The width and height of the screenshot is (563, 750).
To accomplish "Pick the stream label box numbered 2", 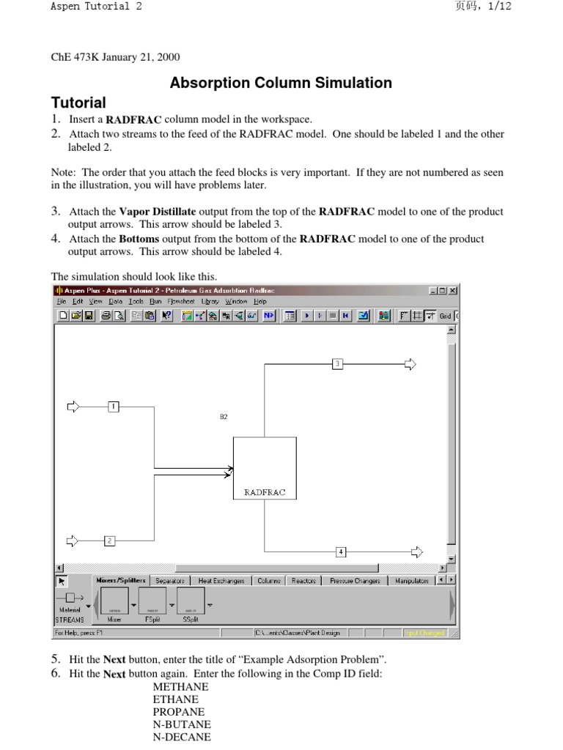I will click(x=109, y=541).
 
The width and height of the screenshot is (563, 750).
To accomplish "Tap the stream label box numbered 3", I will click(x=337, y=363).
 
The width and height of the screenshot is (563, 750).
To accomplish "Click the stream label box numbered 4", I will click(x=341, y=551).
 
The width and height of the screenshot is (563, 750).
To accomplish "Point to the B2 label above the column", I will click(x=224, y=417).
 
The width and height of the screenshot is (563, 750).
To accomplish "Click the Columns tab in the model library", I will click(x=269, y=581).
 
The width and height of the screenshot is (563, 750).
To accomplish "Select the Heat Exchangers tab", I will click(x=221, y=581).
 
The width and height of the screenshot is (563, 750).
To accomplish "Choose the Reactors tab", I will click(x=303, y=581).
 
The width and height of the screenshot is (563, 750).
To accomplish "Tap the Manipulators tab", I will click(x=412, y=581).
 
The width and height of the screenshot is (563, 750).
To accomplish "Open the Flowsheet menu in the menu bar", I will click(x=181, y=301).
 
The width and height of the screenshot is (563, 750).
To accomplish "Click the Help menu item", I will click(x=260, y=301).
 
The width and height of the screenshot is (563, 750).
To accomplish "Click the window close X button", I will click(x=453, y=291).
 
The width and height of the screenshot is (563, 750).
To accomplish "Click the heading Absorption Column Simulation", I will click(x=281, y=83).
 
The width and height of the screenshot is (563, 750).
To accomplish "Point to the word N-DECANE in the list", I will click(x=181, y=737).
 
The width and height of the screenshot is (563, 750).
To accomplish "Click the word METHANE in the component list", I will click(x=180, y=687).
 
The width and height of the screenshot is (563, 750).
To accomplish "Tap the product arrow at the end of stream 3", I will click(x=410, y=364).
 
